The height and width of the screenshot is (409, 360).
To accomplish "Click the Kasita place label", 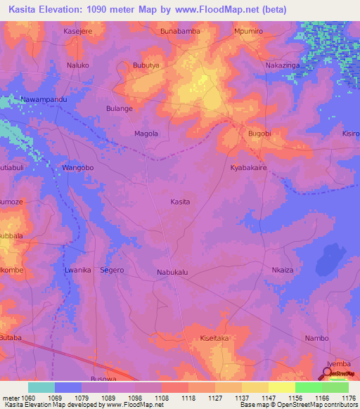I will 180,202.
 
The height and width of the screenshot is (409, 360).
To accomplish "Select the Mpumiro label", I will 247,32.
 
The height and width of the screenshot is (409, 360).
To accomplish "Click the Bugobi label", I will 259,133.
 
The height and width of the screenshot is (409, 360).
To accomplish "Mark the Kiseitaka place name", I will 215,338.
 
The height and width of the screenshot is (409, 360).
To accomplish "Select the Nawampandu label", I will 44,100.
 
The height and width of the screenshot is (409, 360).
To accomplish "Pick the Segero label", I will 112,270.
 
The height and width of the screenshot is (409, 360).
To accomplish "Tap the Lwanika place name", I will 77,270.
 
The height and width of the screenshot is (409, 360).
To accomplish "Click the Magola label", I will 146,134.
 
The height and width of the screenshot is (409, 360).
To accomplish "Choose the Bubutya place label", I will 146,65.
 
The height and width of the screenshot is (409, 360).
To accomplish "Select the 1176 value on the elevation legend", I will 349,398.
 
